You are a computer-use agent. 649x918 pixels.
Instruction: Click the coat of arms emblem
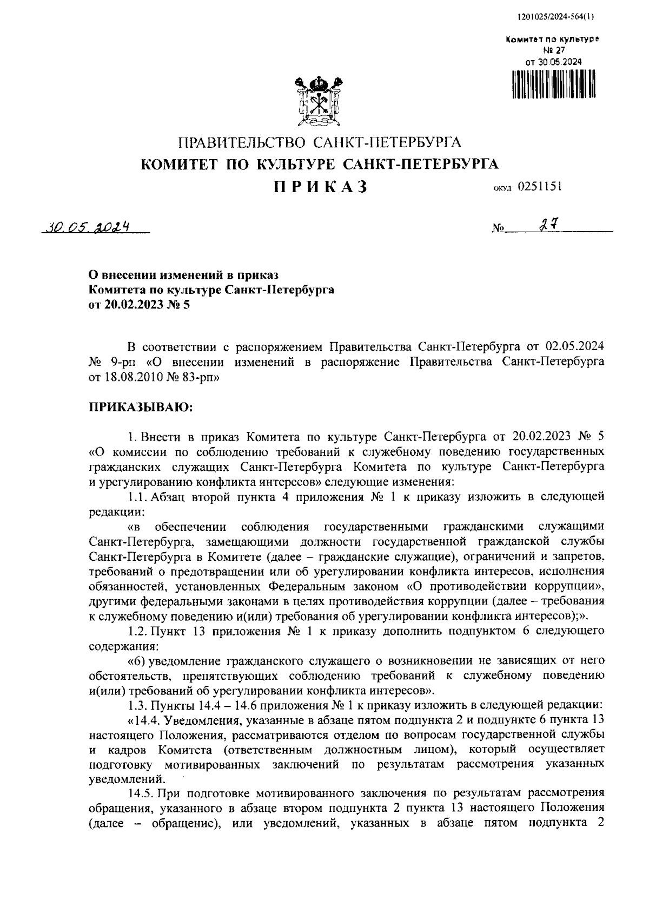[x=320, y=102]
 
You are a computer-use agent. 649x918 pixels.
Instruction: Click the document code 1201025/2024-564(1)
[x=555, y=16]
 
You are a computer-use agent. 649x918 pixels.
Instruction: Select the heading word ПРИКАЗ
[x=320, y=187]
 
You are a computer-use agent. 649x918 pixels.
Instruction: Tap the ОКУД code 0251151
[x=540, y=187]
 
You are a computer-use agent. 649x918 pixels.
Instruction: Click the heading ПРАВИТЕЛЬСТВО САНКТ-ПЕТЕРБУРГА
[x=320, y=143]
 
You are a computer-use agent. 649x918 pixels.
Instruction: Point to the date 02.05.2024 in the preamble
[x=574, y=346]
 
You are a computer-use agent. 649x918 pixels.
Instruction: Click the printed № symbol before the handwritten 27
[x=498, y=229]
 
